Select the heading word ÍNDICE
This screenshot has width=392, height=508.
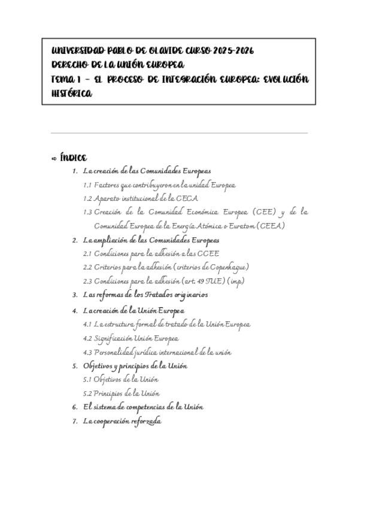point(74,158)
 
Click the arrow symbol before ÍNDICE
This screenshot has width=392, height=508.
point(54,159)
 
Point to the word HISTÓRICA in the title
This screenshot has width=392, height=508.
point(72,94)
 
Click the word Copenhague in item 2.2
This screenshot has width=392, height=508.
point(225,267)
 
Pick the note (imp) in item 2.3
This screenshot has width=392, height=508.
point(236,281)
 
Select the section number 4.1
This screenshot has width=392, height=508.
point(87,325)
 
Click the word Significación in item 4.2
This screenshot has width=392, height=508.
point(113,338)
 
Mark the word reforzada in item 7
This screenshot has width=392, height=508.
point(147,421)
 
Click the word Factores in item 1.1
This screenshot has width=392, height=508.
point(106,185)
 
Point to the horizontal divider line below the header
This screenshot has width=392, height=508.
point(180,133)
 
